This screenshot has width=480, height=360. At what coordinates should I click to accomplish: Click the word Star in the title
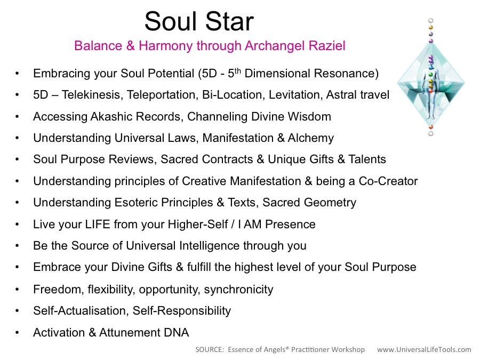coord(229,21)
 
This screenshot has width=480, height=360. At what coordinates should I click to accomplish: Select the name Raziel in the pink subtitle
coord(327,46)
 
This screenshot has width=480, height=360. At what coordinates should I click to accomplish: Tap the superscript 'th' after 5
coord(237,70)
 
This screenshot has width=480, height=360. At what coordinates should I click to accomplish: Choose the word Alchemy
coord(311,138)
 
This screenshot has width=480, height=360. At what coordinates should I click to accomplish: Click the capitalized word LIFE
coord(98,225)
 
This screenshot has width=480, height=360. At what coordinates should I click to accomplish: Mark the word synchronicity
coord(238,290)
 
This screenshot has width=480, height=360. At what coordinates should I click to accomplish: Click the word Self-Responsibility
coord(182,311)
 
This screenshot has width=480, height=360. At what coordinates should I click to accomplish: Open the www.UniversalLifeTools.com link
coord(424,349)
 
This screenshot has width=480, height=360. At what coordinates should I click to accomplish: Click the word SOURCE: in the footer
coord(210,349)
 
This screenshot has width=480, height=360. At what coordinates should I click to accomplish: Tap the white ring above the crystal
coord(431,20)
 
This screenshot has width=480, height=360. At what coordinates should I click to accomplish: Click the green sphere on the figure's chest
coord(431,74)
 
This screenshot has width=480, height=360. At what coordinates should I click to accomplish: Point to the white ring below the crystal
coord(431,133)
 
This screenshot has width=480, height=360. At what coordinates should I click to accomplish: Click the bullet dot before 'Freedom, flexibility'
coord(17,289)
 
